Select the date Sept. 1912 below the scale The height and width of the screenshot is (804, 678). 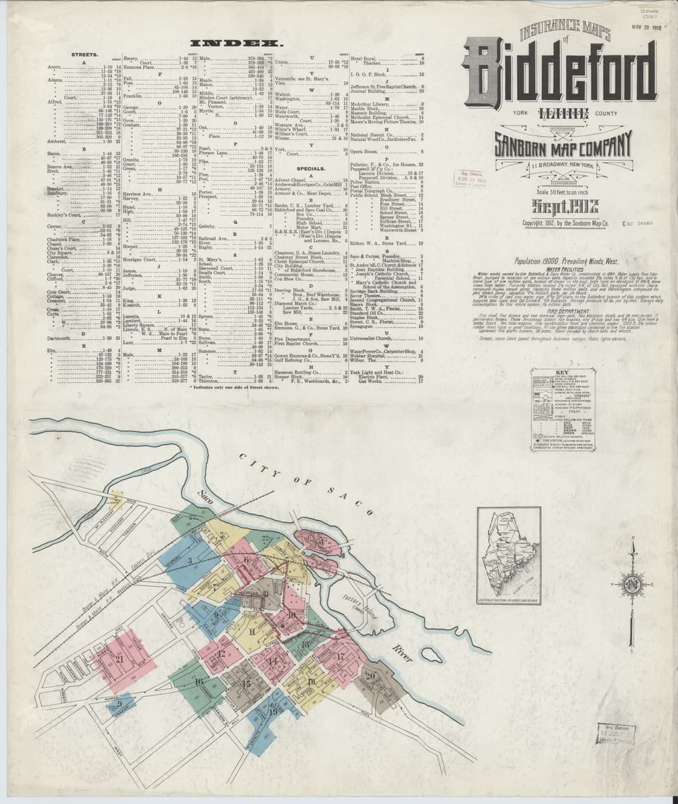coord(559,206)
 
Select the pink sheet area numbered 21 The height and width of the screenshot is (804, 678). coord(120,658)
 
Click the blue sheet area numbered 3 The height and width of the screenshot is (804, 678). coord(190,560)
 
